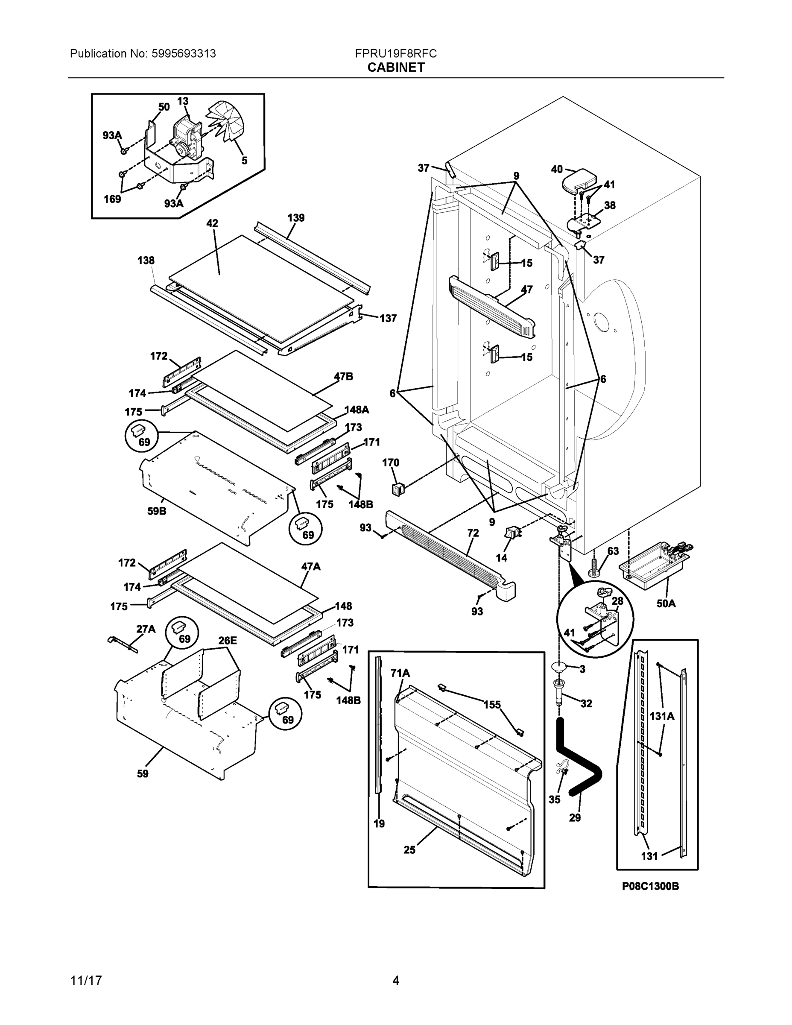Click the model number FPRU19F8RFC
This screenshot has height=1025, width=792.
click(395, 53)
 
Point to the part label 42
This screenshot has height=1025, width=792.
click(212, 223)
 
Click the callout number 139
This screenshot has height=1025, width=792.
click(295, 218)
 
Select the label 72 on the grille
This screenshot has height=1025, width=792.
click(473, 533)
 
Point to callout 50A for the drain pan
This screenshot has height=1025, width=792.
click(666, 603)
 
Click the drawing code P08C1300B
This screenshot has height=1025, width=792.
click(650, 886)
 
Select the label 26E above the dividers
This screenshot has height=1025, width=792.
click(228, 641)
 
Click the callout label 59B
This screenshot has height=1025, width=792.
click(157, 511)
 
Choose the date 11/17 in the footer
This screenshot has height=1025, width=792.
click(86, 981)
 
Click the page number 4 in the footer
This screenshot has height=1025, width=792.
click(395, 981)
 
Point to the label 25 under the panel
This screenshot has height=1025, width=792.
click(409, 850)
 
